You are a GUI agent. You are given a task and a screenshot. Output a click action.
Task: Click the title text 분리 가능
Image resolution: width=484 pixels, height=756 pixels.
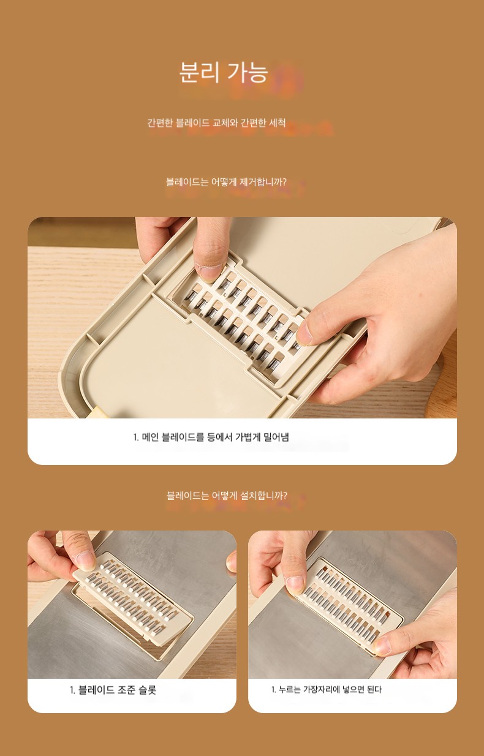click(224, 72)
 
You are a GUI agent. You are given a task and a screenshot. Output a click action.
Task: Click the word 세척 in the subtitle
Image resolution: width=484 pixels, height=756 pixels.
click(278, 123)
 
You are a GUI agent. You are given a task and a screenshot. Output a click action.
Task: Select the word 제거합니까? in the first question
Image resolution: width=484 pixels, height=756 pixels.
click(263, 182)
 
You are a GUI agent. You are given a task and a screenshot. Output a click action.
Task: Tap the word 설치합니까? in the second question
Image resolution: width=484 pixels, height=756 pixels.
click(263, 496)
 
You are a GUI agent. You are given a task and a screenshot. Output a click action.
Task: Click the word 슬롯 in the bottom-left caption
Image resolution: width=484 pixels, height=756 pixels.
click(148, 690)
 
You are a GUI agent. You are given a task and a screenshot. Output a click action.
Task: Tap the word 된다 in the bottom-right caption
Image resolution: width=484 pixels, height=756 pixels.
click(374, 689)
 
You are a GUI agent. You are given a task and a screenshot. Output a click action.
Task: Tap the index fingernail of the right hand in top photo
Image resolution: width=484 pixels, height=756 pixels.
click(304, 333)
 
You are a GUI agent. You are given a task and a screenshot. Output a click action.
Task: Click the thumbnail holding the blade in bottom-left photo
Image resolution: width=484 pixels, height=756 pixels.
click(85, 559)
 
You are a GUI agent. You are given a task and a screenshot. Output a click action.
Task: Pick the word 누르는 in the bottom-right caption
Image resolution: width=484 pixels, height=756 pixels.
click(290, 689)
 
